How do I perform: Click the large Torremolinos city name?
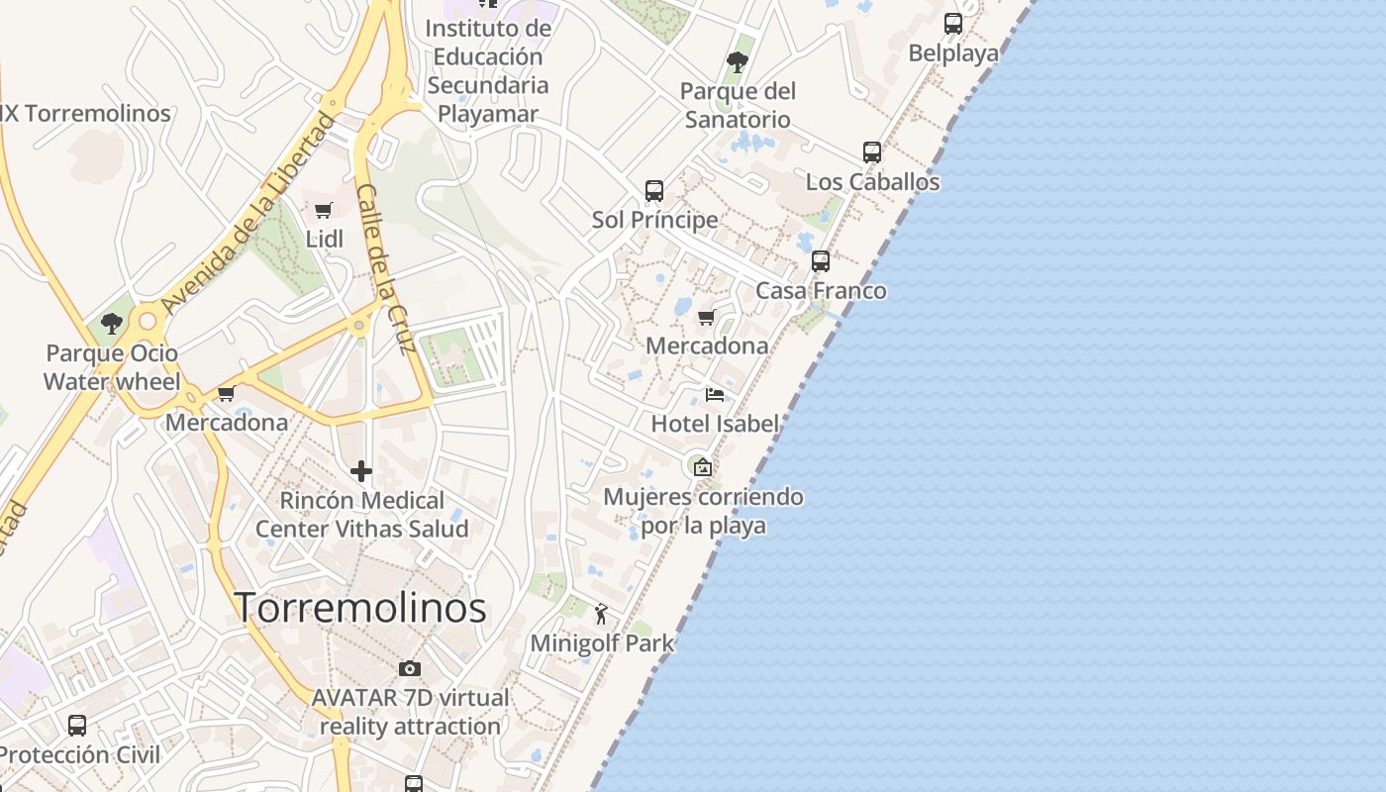coord(360,607)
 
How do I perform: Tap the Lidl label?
coord(325,239)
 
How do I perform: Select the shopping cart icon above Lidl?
coord(323,210)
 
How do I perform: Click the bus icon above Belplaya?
coord(953,24)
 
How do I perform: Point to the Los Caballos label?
coord(872,182)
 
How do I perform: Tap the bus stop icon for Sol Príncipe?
coord(654,190)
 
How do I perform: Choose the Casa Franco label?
coord(821,290)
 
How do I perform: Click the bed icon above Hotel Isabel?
coord(715,395)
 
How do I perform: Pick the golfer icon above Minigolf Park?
coord(601,615)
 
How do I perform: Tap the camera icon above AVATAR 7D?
coord(410,668)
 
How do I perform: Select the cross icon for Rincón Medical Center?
coord(361,471)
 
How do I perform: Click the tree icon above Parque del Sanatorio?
coord(738,62)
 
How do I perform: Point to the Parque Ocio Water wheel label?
coord(112,367)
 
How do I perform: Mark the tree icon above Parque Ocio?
coord(112,323)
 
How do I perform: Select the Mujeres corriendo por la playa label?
coord(703,510)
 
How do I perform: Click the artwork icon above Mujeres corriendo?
coord(703,467)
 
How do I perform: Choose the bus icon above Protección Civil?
coord(77,725)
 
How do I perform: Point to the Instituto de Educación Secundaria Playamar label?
coord(488,71)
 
